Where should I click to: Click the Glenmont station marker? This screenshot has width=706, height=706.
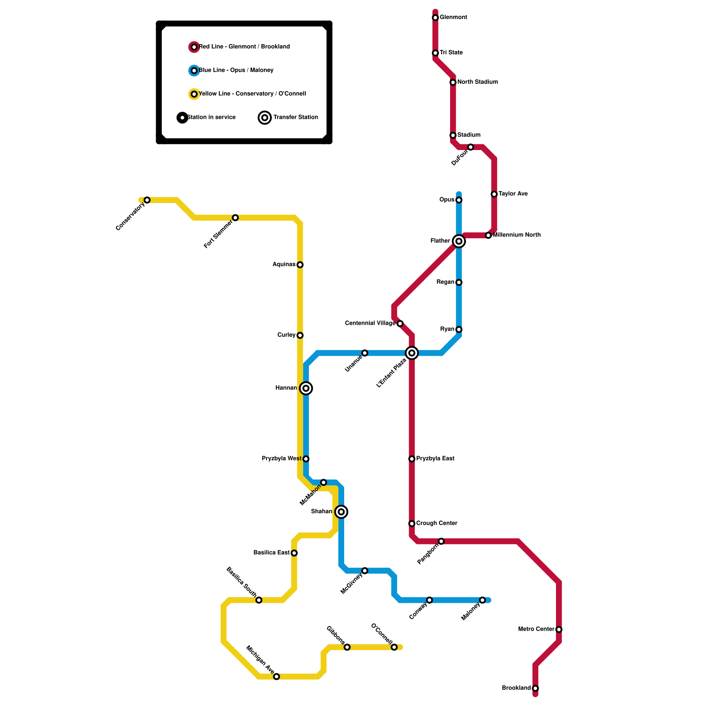[x=435, y=18]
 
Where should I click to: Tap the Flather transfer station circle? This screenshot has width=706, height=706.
[x=459, y=241]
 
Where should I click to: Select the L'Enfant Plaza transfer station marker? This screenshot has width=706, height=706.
[x=412, y=353]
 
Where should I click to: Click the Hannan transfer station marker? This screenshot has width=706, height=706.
[x=306, y=388]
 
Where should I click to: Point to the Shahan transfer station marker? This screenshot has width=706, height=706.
[x=341, y=512]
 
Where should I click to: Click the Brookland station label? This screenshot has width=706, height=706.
[x=516, y=688]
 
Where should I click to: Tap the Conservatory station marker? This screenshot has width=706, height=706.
[x=147, y=200]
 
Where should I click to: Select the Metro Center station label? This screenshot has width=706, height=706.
[x=536, y=629]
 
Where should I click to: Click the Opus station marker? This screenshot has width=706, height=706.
[x=459, y=200]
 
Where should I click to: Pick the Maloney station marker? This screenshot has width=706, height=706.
[x=482, y=600]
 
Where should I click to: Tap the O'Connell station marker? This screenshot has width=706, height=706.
[x=394, y=647]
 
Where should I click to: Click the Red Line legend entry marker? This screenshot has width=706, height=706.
[x=194, y=47]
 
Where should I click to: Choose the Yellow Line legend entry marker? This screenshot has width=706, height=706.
[x=194, y=94]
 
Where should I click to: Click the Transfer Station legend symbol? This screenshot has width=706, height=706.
[x=265, y=117]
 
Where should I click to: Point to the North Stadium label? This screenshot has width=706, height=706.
[x=477, y=82]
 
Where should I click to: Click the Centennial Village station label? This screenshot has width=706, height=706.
[x=370, y=323]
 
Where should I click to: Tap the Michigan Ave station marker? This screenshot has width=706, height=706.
[x=276, y=676]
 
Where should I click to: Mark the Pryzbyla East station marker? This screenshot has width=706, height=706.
[x=412, y=459]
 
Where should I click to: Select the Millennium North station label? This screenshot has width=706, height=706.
[x=516, y=235]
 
